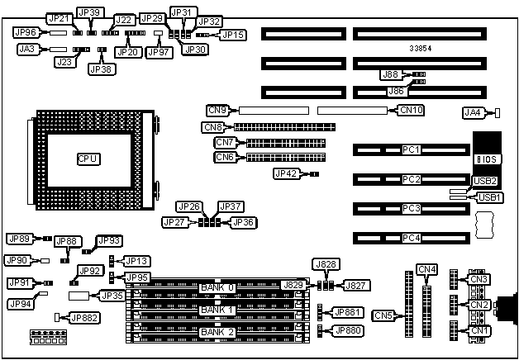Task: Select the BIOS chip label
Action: coord(485,154)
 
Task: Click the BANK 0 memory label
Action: coord(217,287)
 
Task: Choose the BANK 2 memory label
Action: coord(217,332)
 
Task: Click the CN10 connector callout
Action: coord(412,109)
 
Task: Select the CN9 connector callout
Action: coord(219,109)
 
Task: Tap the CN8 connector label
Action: coord(213,127)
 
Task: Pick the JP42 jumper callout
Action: coord(285,173)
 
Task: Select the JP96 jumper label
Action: coord(26,33)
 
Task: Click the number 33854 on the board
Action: coord(422,49)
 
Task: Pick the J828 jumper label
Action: coord(326,264)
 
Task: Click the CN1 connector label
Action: coord(480,331)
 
